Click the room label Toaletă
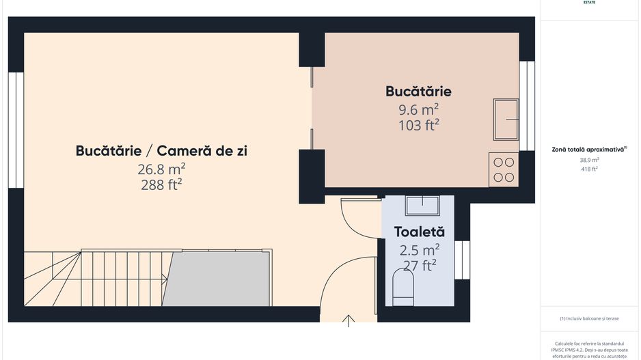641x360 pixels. (x=419, y=232)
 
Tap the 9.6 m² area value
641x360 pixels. (x=418, y=109)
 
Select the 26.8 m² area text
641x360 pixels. (x=161, y=169)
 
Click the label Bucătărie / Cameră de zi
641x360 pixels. (x=161, y=151)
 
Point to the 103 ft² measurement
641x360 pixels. (x=418, y=125)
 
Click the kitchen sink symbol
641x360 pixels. (x=506, y=120)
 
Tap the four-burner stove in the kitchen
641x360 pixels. (x=504, y=169)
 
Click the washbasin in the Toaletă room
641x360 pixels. (x=421, y=204)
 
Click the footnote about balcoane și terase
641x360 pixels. (x=589, y=318)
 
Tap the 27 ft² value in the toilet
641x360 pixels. (x=419, y=266)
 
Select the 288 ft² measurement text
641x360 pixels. (x=161, y=184)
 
